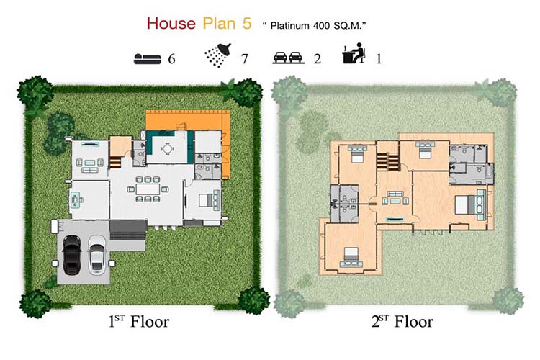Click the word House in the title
pyautogui.click(x=171, y=24)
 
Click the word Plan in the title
pyautogui.click(x=219, y=24)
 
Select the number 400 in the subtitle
pyautogui.click(x=321, y=26)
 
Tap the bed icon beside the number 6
pyautogui.click(x=148, y=59)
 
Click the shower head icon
pyautogui.click(x=217, y=55)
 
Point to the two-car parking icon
pyautogui.click(x=289, y=58)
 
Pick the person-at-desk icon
pyautogui.click(x=354, y=53)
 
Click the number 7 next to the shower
pyautogui.click(x=245, y=59)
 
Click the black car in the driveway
pyautogui.click(x=72, y=255)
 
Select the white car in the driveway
pyautogui.click(x=97, y=255)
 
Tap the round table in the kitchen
pyautogui.click(x=167, y=149)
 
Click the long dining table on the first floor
pyautogui.click(x=148, y=189)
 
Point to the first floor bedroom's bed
pyautogui.click(x=206, y=200)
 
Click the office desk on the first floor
pyautogui.click(x=75, y=200)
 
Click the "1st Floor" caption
pyautogui.click(x=139, y=322)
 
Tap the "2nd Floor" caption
pyautogui.click(x=402, y=322)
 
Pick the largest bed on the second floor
pyautogui.click(x=464, y=204)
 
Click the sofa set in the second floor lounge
pyautogui.click(x=395, y=199)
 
